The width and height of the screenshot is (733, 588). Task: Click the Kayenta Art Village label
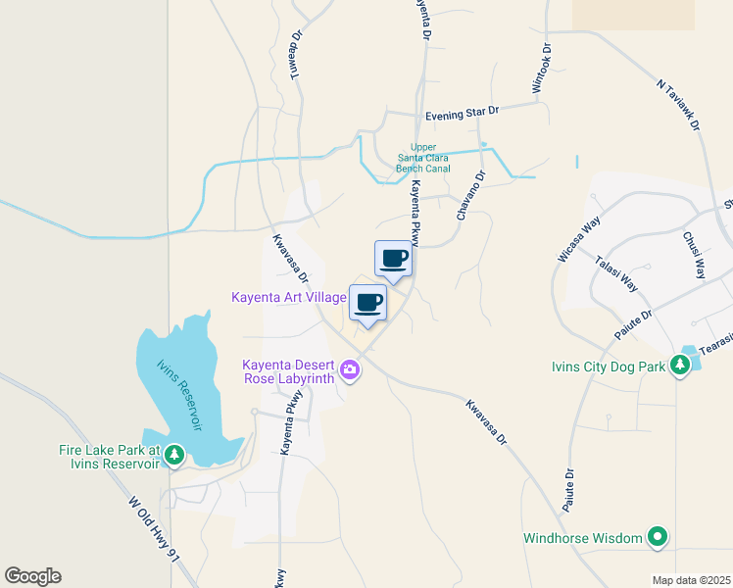(289, 297)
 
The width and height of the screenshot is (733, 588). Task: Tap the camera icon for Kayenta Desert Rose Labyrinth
(350, 370)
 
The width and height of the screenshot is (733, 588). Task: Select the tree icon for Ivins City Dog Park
(679, 367)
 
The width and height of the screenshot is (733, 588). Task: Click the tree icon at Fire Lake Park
(173, 454)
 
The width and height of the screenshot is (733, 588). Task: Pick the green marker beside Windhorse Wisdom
(659, 537)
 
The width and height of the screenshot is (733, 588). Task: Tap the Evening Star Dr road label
(462, 115)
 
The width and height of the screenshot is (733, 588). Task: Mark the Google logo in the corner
(32, 576)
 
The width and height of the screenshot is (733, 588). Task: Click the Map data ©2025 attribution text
(691, 580)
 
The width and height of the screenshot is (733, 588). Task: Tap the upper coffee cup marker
(393, 259)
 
